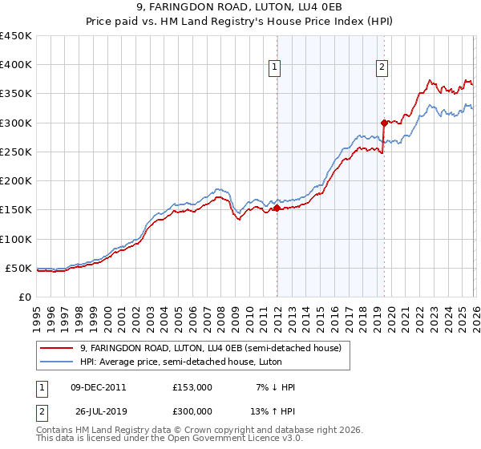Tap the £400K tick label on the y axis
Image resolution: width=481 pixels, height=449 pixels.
pos(15,65)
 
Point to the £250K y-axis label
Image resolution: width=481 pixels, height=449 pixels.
pos(15,152)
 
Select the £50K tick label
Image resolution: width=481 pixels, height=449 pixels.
pos(18,268)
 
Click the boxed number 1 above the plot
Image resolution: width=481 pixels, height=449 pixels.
pos(275,68)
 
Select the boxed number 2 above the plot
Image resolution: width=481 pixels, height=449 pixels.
pos(382,68)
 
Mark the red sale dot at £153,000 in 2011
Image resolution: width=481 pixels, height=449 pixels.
pos(277,208)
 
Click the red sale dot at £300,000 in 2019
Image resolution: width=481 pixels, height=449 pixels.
pos(384,123)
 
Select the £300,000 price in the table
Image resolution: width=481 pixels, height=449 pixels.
pos(192,412)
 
